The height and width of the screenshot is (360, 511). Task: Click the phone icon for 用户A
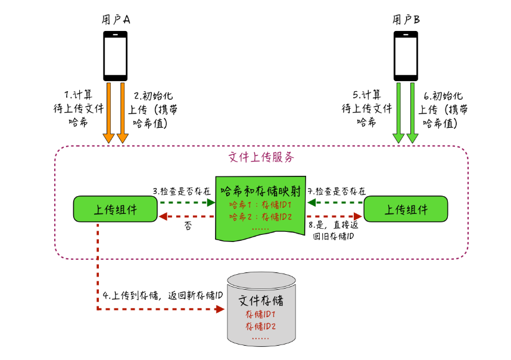click(x=116, y=55)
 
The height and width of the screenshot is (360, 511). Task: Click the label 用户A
click(x=116, y=19)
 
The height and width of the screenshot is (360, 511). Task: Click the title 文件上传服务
click(x=261, y=157)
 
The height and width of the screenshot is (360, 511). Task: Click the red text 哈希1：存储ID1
click(x=260, y=204)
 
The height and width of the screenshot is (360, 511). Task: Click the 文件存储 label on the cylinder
click(x=260, y=300)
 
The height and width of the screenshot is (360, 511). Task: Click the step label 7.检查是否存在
click(x=337, y=191)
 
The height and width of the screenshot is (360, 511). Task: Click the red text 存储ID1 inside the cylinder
click(x=260, y=314)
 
